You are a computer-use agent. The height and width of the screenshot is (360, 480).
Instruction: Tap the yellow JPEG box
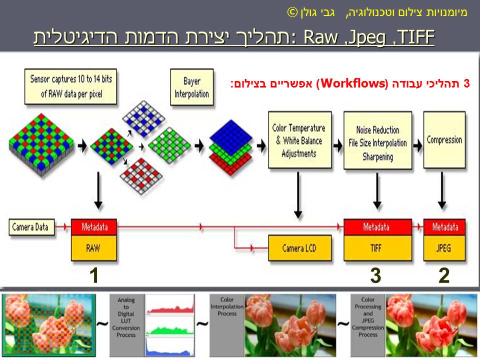coord(444,247)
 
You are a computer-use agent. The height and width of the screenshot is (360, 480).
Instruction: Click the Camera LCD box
coord(299,247)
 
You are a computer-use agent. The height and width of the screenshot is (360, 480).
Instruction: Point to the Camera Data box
coord(31,227)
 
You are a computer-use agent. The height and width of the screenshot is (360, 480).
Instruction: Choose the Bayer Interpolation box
coord(191,87)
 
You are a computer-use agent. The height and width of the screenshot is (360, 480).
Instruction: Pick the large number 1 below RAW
coord(93,275)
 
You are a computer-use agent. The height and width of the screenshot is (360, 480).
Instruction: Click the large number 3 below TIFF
coord(375,275)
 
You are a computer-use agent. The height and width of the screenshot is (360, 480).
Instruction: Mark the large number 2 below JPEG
coord(444,275)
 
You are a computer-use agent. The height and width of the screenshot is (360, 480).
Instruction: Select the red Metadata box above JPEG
coord(444,227)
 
